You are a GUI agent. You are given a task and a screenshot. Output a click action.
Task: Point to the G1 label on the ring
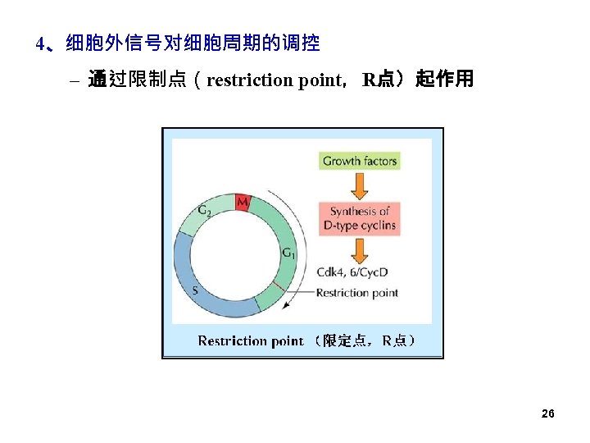288,253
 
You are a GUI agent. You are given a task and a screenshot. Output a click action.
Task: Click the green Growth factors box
359,161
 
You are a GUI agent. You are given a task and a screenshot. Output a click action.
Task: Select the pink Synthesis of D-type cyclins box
359,218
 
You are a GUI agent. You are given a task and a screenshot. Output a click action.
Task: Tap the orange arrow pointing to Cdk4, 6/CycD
359,249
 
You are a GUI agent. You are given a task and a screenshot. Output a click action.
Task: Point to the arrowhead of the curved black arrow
285,305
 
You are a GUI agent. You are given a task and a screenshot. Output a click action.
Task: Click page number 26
548,413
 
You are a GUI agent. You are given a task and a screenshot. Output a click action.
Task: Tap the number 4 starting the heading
40,43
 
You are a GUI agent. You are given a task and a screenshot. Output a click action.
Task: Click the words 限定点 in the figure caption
344,340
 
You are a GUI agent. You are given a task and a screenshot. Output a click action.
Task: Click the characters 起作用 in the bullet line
445,80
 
